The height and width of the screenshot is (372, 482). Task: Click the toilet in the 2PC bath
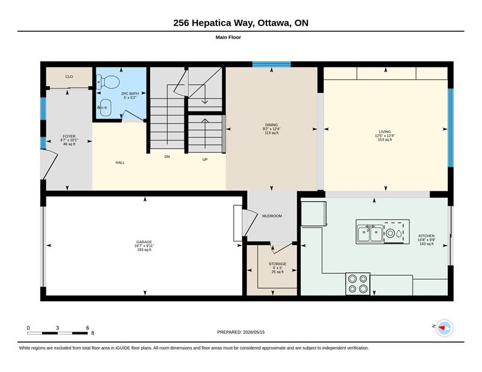click(x=108, y=82)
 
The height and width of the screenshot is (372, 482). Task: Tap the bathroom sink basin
click(x=105, y=108)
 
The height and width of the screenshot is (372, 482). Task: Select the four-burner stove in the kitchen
click(x=358, y=284)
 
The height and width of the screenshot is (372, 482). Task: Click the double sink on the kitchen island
click(x=370, y=234)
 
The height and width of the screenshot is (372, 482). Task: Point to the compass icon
click(x=444, y=328)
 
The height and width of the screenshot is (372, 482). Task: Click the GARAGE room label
click(x=144, y=242)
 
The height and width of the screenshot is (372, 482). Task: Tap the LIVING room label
click(x=384, y=131)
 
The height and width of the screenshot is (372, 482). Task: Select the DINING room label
click(x=272, y=125)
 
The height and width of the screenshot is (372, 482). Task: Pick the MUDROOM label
click(x=272, y=216)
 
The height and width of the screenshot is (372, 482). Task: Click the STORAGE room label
click(x=277, y=264)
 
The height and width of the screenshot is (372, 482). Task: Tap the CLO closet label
click(x=69, y=76)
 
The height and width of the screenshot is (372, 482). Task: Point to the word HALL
click(x=120, y=163)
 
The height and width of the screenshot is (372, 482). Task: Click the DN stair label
click(x=167, y=157)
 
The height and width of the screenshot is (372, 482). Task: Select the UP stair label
click(x=205, y=160)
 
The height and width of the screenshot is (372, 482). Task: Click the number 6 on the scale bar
click(x=87, y=328)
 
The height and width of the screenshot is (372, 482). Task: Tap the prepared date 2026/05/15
click(x=254, y=332)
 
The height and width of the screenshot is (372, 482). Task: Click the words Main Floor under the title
click(x=228, y=37)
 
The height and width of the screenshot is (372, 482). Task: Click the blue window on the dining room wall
click(x=272, y=64)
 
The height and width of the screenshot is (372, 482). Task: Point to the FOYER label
click(x=69, y=137)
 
